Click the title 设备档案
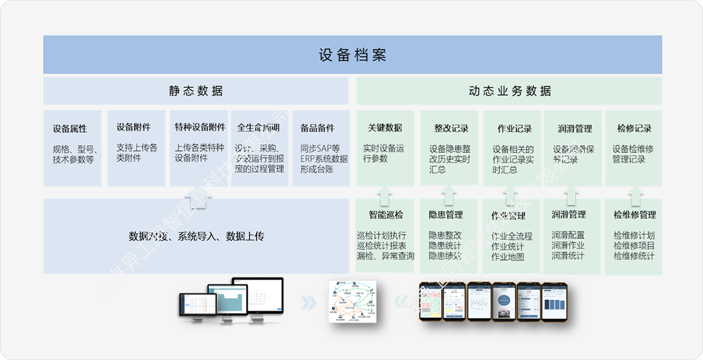pyautogui.click(x=352, y=55)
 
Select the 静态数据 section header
pyautogui.click(x=196, y=91)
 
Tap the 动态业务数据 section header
pyautogui.click(x=510, y=91)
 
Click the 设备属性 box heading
pyautogui.click(x=70, y=129)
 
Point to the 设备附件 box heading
pyautogui.click(x=133, y=127)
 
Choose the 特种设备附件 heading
pyautogui.click(x=200, y=127)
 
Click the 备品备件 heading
pyautogui.click(x=317, y=128)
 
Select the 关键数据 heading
pyautogui.click(x=385, y=128)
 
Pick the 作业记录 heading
pyautogui.click(x=514, y=129)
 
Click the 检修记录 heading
pyautogui.click(x=634, y=129)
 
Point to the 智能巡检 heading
pyautogui.click(x=386, y=215)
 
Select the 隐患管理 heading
pyautogui.click(x=446, y=215)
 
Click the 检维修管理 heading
pyautogui.click(x=635, y=215)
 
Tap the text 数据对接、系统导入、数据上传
pyautogui.click(x=196, y=236)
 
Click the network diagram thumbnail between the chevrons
pyautogui.click(x=352, y=301)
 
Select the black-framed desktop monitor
pyautogui.click(x=258, y=296)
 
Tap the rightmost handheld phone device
pyautogui.click(x=555, y=300)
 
